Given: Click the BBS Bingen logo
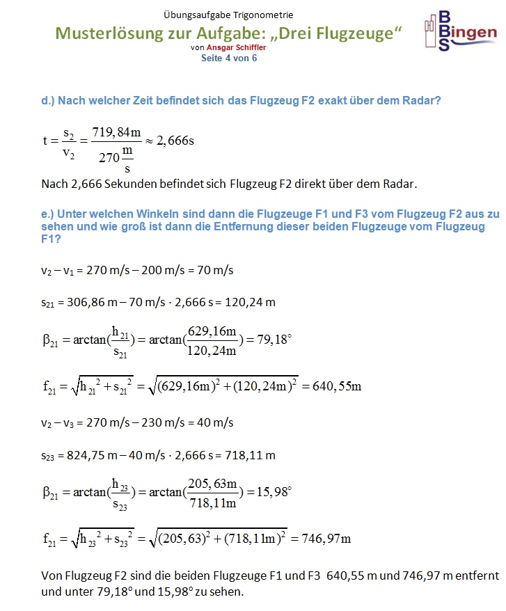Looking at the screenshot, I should tap(460, 31).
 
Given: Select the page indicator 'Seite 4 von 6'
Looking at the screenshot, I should tap(229, 58).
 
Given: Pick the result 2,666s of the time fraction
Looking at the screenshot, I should tap(175, 141).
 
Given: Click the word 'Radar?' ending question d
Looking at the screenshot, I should tap(420, 101).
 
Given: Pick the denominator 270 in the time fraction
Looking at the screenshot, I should tap(109, 157).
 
